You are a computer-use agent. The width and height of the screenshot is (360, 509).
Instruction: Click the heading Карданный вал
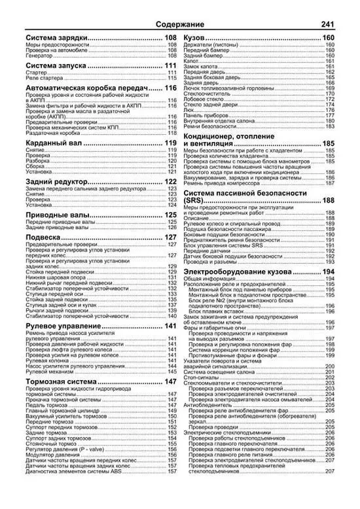click(54, 143)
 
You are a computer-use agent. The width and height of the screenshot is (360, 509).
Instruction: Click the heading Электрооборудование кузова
click(252, 271)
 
